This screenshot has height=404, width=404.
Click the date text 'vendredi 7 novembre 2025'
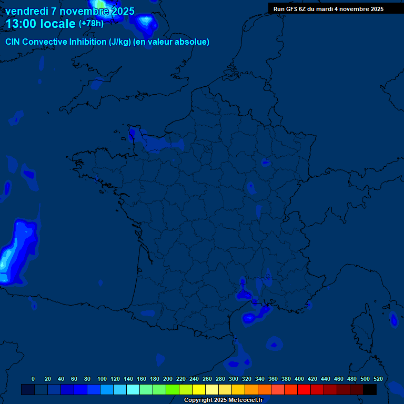69,11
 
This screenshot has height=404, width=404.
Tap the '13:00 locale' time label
41,23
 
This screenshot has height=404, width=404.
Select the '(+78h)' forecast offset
91,23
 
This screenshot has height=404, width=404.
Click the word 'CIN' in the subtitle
13,42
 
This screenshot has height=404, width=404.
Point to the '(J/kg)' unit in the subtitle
119,42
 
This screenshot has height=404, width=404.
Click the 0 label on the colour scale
33,379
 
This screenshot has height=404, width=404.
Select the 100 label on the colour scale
102,379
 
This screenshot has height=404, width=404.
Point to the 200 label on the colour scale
168,379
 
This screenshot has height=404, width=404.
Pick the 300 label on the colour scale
234,379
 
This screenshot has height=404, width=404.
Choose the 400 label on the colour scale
299,379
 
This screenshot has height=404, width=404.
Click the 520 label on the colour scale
378,379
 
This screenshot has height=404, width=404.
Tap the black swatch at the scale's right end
370,389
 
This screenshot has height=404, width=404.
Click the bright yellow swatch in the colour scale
199,389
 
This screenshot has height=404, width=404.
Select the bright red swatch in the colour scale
304,389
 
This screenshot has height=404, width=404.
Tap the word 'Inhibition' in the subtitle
88,42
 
